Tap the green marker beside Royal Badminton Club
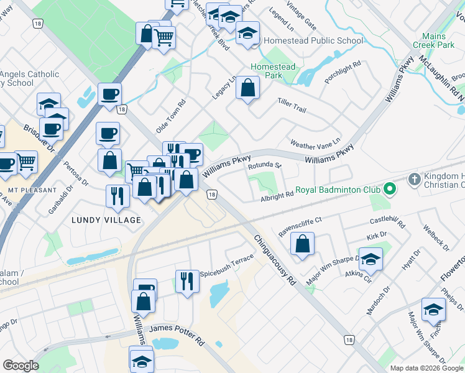click(x=390, y=188)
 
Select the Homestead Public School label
click(x=313, y=41)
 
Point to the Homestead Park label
click(x=273, y=71)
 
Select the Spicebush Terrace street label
click(x=226, y=257)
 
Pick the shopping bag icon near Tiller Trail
click(x=247, y=88)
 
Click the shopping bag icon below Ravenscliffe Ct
click(x=302, y=244)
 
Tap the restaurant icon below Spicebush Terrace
click(x=186, y=280)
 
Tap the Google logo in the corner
click(x=21, y=365)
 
